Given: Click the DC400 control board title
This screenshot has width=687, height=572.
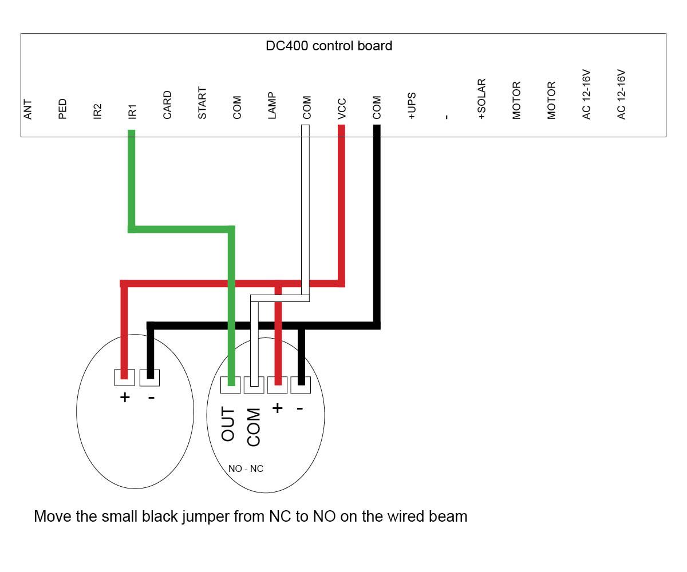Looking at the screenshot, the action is pos(329,46).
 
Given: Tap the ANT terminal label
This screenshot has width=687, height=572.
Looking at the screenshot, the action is pos(28,109).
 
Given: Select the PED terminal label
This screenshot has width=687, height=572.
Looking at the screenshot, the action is pos(62,109).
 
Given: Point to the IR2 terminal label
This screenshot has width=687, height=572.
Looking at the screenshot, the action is pos(97,111).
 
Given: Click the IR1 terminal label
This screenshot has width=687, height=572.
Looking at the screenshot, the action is pos(132,112).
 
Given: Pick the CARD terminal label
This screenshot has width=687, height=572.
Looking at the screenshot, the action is pos(167,105).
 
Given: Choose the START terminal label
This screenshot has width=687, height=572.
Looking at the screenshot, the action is pos(202,103).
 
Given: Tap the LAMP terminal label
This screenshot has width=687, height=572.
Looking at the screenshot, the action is pos(272,105).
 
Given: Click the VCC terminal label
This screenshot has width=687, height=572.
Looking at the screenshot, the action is pos(342,109).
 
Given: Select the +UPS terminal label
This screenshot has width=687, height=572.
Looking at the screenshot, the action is pos(412,106).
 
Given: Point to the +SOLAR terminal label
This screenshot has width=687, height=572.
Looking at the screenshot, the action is pos(481,99).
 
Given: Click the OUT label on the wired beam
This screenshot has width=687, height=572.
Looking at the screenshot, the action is pos(228,424).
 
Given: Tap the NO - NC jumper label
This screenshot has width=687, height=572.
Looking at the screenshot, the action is pos(246,469).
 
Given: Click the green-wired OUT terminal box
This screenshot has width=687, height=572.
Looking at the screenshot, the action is pos(230,385).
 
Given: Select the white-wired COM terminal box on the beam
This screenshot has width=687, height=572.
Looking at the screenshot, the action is pos(254,385).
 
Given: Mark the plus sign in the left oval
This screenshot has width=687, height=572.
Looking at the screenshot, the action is pos(125,398).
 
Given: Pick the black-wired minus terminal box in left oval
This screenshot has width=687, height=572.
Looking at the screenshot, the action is pos(149,378).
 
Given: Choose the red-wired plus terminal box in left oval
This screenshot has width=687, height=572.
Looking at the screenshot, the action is pos(124,378).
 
